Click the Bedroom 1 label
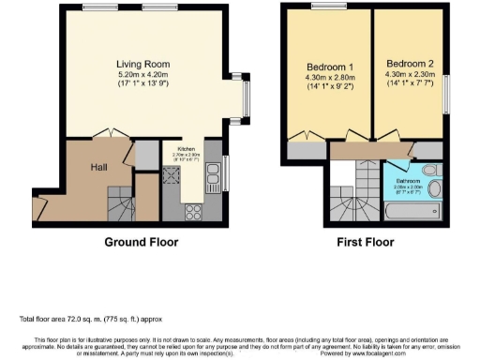coord(330,67)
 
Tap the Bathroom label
coord(407,180)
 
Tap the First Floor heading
coord(367,241)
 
